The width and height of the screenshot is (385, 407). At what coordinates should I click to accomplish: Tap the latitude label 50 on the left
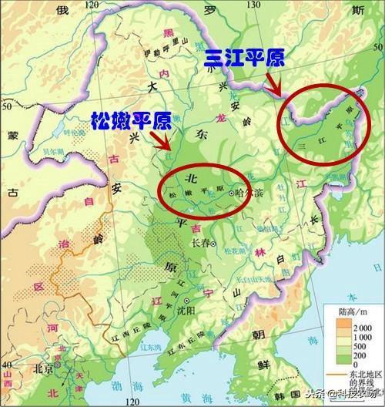pyautogui.click(x=8, y=91)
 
